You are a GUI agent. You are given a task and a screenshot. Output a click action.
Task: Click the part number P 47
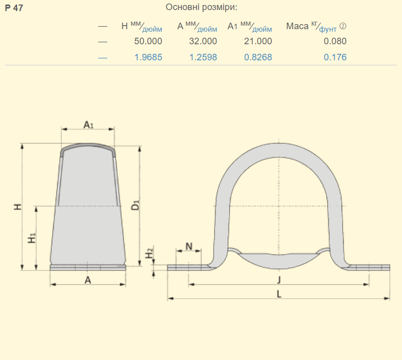point(14,8)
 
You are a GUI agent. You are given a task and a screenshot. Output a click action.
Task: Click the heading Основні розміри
point(202,7)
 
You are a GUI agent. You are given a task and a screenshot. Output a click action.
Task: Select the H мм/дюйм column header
point(142,27)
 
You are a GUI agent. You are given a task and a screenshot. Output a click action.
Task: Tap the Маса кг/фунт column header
point(316,27)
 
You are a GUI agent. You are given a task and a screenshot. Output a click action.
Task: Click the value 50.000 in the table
point(148,41)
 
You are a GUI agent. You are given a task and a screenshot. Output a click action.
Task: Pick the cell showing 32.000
point(203,41)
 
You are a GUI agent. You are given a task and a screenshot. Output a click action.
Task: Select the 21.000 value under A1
point(258,41)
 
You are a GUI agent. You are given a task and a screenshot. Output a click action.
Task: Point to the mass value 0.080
point(335,41)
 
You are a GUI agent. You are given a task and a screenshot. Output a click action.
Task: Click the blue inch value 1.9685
point(148,57)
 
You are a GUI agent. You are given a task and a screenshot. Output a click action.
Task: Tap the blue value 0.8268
point(258,57)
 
